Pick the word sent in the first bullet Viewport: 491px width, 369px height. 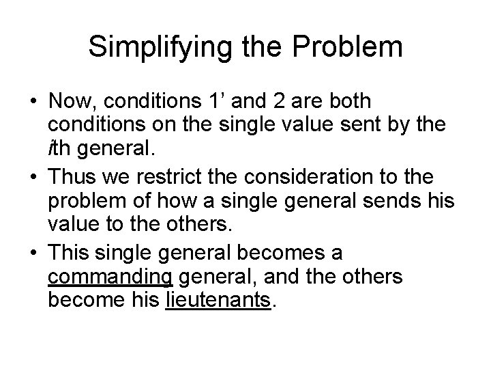coord(355,126)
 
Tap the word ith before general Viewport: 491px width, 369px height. coord(61,151)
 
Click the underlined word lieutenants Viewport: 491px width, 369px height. coord(218,301)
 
